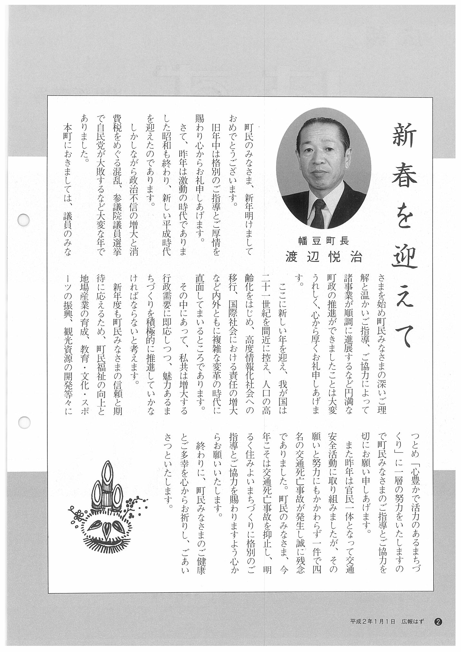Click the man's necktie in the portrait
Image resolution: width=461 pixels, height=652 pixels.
318,212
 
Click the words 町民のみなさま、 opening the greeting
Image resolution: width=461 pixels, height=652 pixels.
249,148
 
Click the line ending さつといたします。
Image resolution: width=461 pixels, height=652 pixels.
168,473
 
